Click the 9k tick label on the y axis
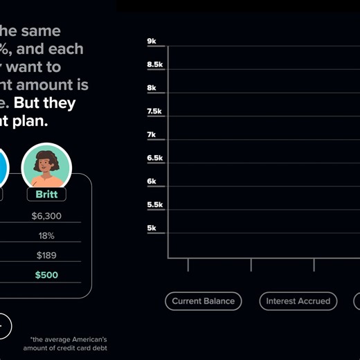(x=152, y=42)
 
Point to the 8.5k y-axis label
(x=155, y=64)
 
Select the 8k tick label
(x=152, y=88)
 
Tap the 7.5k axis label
(x=155, y=111)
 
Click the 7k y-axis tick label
(x=152, y=135)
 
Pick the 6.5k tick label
(x=155, y=158)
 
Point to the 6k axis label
(x=152, y=181)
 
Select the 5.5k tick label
(x=155, y=205)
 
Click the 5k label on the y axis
(x=152, y=228)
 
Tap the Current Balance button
(x=204, y=301)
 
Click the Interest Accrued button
(x=298, y=301)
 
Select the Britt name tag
(x=46, y=195)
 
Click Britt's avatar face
(x=46, y=165)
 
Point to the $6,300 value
(x=46, y=216)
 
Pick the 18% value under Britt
(x=46, y=236)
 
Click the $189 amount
(x=46, y=255)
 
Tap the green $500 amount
(x=46, y=276)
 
